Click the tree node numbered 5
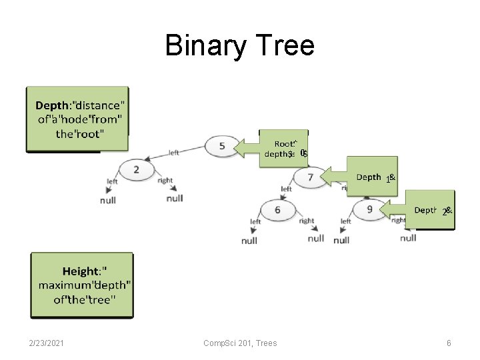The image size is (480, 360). [x=221, y=145]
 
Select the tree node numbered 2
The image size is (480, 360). [x=136, y=169]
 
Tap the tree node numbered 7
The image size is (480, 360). [x=310, y=177]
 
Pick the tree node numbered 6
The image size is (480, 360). [x=277, y=210]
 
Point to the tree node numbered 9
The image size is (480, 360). [x=369, y=210]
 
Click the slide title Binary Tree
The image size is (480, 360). [x=239, y=46]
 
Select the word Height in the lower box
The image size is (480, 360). [x=80, y=271]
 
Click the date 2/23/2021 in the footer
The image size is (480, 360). [x=47, y=343]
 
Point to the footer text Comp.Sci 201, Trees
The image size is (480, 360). [x=240, y=343]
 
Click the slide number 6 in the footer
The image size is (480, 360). [x=449, y=343]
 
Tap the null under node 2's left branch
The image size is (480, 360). [x=108, y=200]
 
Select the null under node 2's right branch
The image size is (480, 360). [x=175, y=198]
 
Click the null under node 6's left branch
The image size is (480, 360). [x=249, y=240]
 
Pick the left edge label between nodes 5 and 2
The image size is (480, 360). [x=173, y=153]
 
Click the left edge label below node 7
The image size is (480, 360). [x=286, y=189]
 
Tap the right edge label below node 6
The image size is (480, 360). [x=307, y=221]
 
